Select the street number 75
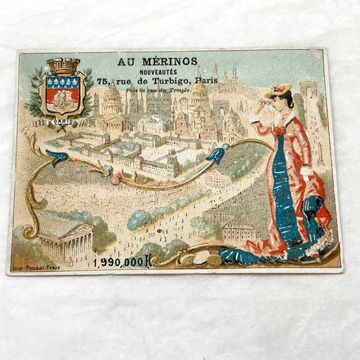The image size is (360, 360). pos(103,81)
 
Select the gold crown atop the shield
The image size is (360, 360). pos(63,66)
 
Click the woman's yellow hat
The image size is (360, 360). pos(278,90)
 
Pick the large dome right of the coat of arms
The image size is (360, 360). pos(113,95)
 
